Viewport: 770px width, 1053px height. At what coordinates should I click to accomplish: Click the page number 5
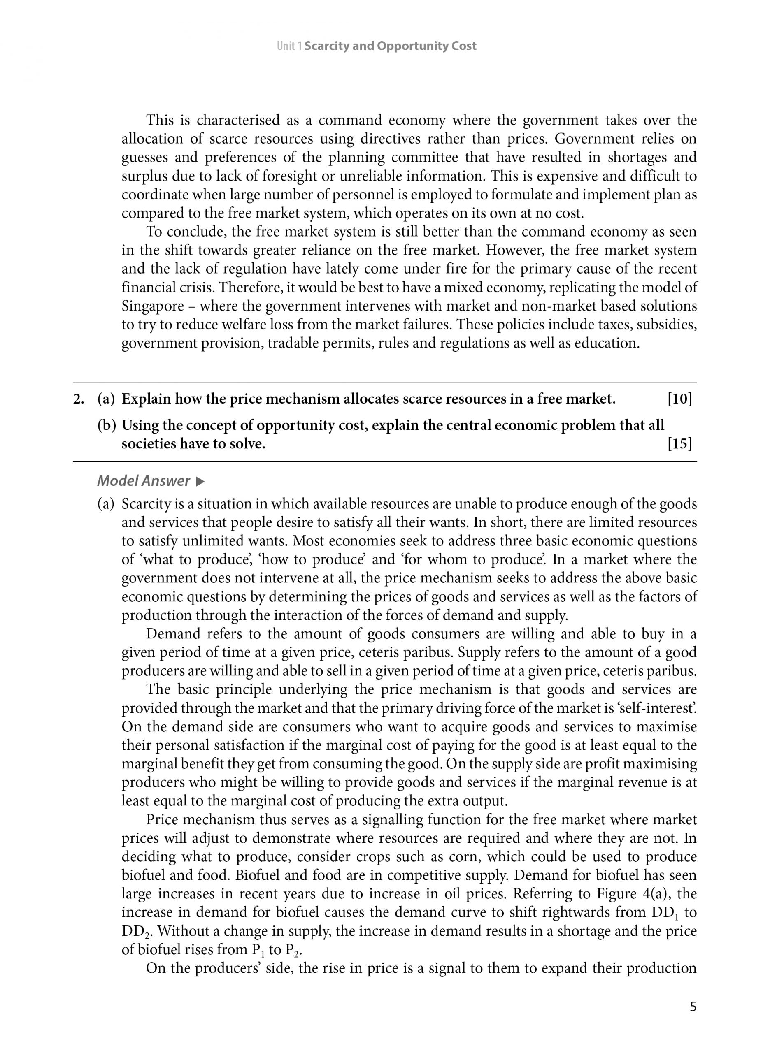tap(693, 1007)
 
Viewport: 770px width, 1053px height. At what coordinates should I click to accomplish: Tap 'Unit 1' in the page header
tap(289, 46)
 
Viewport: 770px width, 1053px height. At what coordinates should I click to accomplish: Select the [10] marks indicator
tap(679, 399)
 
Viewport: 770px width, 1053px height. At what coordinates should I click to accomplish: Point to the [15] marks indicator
tap(679, 444)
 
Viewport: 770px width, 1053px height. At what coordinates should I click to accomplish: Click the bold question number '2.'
tap(79, 399)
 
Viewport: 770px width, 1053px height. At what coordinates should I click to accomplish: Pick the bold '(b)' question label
tap(106, 425)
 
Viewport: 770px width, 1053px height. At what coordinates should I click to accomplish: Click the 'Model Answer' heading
tap(144, 480)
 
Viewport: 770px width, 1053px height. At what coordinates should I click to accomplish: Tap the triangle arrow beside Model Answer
tap(200, 481)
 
